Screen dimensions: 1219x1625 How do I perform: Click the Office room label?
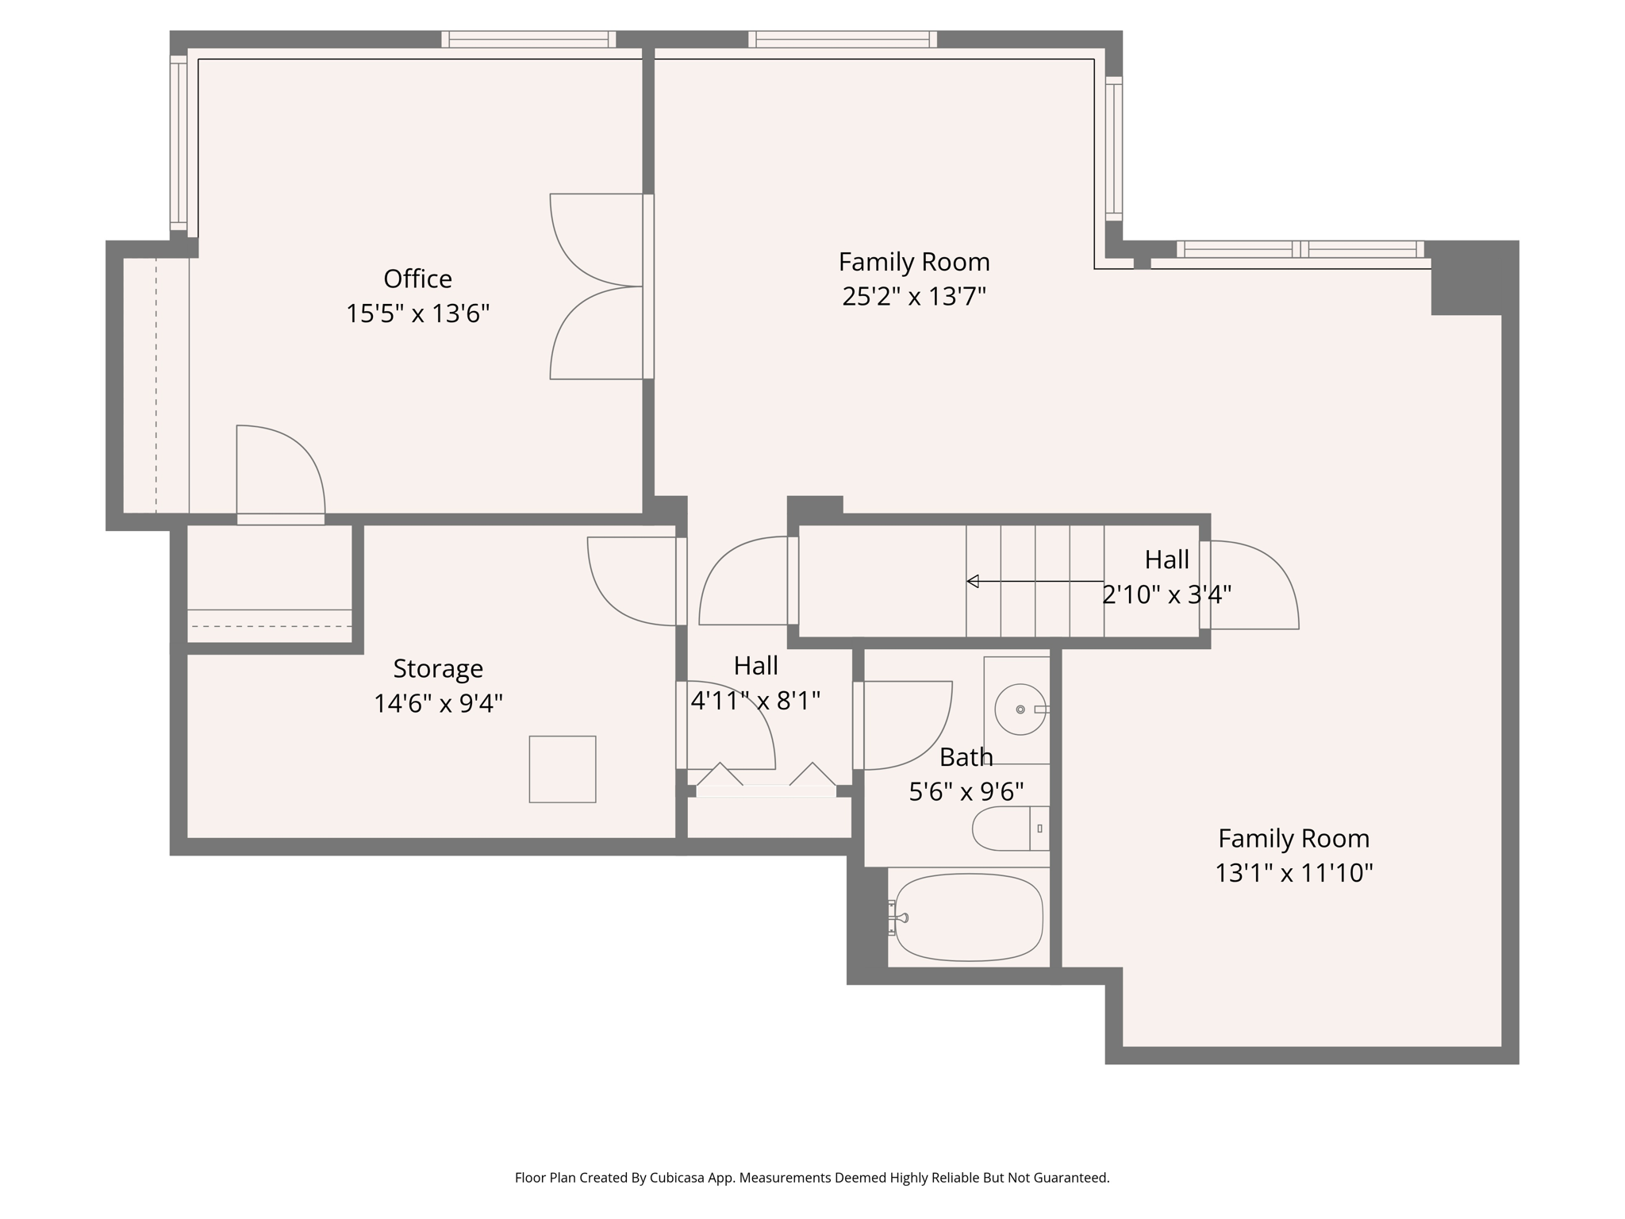click(417, 279)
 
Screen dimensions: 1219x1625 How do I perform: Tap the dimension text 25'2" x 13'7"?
click(913, 297)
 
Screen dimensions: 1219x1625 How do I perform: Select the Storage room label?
click(438, 668)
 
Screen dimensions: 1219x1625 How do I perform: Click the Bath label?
click(966, 757)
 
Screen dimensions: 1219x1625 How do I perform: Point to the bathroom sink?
click(1020, 709)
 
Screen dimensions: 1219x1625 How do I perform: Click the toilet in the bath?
click(1008, 829)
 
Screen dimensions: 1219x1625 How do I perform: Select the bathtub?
click(968, 917)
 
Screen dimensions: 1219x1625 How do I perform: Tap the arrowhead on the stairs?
click(972, 581)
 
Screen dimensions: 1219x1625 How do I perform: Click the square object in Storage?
click(563, 769)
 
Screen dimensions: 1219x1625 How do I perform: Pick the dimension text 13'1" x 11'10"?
click(1293, 873)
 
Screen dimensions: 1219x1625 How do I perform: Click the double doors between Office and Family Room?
click(597, 286)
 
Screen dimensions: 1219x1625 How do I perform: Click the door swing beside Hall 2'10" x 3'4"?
click(1251, 585)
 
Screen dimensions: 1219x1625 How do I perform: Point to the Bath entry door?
click(905, 725)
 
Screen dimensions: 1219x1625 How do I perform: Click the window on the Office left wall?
click(179, 143)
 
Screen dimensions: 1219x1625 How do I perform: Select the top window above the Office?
click(528, 39)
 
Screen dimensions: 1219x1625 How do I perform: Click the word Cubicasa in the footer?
click(678, 1178)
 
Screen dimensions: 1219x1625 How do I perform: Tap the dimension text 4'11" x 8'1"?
click(755, 701)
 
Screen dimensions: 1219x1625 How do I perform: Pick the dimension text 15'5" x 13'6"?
click(417, 313)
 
